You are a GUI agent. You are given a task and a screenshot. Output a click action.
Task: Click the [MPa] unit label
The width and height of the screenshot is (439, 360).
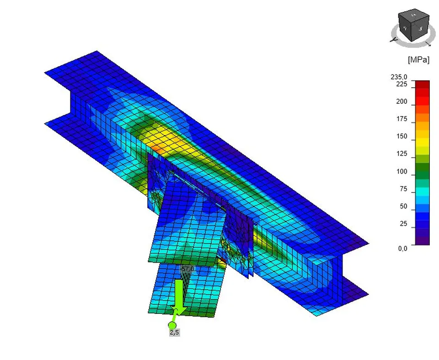tap(418, 60)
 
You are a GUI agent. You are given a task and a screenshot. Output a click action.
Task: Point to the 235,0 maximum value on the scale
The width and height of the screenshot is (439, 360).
tap(398, 77)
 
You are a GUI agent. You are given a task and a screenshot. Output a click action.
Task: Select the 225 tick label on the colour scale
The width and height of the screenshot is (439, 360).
tap(401, 84)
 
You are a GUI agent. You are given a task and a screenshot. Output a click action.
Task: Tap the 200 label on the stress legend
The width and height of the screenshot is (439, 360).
tap(401, 101)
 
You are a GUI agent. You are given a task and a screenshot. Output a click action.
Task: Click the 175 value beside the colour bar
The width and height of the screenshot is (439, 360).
tap(401, 119)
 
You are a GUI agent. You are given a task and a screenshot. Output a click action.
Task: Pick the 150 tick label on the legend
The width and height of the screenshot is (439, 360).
tap(401, 137)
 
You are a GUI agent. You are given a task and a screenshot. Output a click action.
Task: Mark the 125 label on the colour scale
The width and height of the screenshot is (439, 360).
tap(401, 154)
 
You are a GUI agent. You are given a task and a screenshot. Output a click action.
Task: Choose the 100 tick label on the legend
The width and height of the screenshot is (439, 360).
tap(401, 172)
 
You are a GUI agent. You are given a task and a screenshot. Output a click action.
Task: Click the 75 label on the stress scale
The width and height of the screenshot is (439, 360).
tap(403, 189)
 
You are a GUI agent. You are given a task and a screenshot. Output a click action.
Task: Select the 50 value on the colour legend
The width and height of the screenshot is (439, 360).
tap(403, 206)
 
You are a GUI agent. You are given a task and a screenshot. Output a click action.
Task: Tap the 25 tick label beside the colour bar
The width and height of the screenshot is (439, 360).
tap(403, 224)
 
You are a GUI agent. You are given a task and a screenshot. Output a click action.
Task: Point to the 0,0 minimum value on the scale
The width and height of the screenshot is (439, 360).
tap(402, 249)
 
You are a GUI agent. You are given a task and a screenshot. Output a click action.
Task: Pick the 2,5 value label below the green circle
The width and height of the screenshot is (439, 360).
tap(174, 333)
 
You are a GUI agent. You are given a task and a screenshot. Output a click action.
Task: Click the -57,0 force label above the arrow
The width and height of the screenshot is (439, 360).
tap(187, 269)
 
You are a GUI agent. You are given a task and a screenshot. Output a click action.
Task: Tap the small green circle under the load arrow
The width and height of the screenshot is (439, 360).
tap(172, 325)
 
